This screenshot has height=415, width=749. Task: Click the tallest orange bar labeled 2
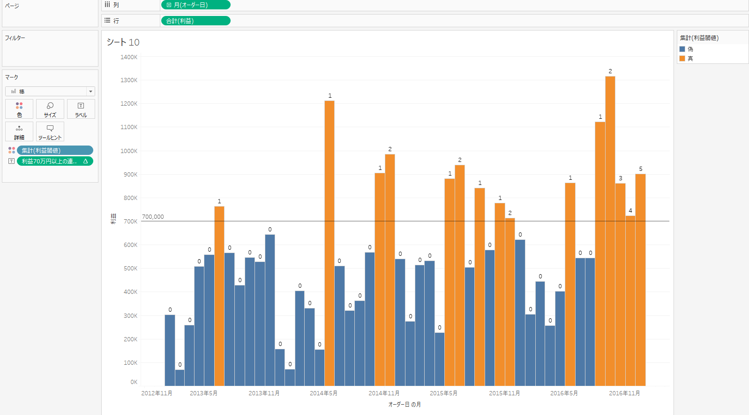610,230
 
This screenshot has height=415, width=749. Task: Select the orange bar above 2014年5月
330,244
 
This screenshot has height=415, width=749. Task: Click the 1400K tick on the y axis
129,57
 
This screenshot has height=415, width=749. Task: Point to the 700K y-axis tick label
130,222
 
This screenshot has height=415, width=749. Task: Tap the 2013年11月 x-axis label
264,393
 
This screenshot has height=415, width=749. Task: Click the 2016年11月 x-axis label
624,393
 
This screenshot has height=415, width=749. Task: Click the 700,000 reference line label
153,217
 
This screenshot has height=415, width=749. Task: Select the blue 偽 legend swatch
682,49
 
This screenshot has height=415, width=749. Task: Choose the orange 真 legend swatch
682,59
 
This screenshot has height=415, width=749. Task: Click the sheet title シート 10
123,42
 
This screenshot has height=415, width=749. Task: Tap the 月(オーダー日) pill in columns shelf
195,5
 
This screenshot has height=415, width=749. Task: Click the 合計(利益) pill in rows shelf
195,21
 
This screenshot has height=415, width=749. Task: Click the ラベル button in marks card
81,109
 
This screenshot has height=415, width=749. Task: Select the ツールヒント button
50,131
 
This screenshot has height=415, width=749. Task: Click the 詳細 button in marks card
19,131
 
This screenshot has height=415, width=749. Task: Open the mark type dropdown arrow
90,92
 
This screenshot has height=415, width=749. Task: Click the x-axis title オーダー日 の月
404,405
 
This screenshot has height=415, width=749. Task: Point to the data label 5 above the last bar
641,169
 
